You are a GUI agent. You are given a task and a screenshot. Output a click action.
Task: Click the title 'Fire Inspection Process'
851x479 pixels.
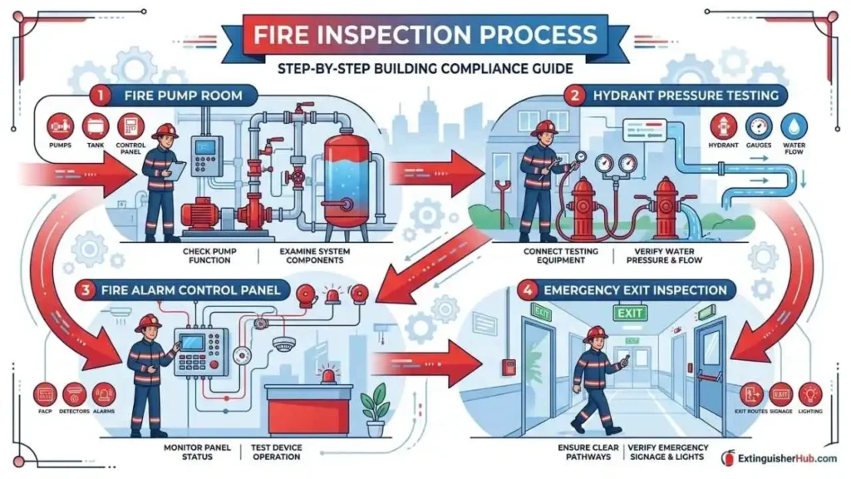(x=425, y=36)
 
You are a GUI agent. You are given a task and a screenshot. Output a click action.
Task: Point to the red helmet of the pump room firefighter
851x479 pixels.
(x=165, y=131)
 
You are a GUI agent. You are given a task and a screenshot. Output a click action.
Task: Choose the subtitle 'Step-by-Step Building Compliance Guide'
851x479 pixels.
(x=425, y=67)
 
